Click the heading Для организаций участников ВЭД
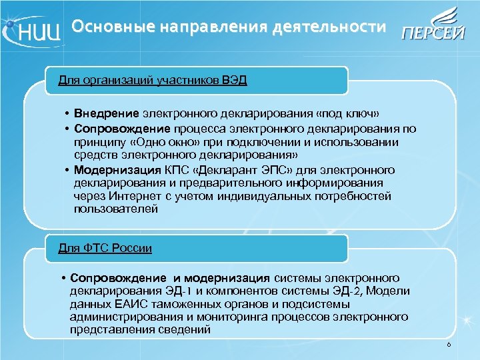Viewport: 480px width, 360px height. point(153,81)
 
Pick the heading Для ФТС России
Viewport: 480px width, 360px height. point(105,249)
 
